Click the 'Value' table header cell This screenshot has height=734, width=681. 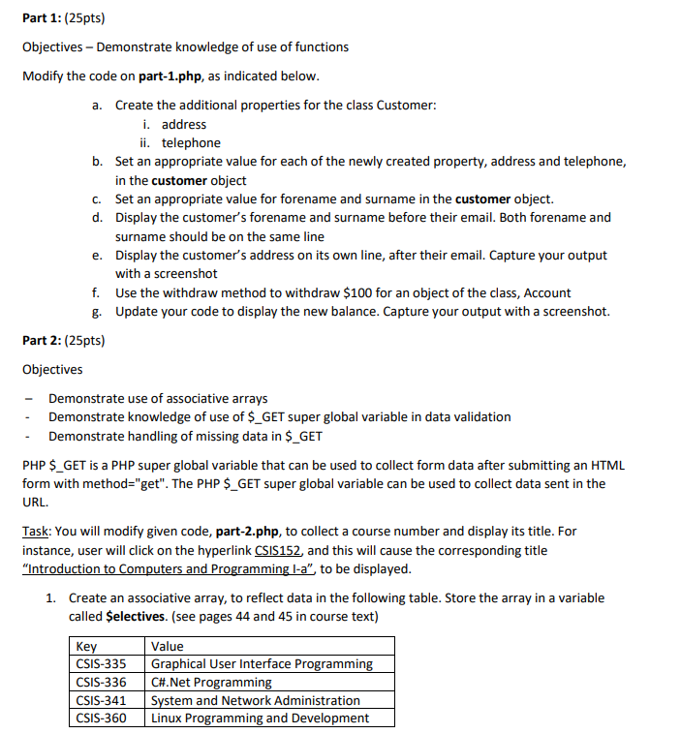168,646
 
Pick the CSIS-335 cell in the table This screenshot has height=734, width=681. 101,664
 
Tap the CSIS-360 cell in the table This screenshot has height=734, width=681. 101,718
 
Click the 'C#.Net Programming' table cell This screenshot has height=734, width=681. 211,682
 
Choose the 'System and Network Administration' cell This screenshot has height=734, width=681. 256,700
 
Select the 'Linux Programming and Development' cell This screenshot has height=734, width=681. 260,718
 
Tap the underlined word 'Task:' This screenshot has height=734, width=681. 37,532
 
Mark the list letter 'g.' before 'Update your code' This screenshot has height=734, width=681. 98,311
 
